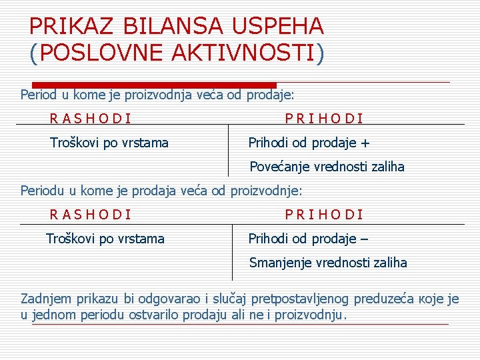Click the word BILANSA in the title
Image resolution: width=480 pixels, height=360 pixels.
pyautogui.click(x=170, y=26)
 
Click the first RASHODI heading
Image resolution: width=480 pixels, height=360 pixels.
pyautogui.click(x=91, y=119)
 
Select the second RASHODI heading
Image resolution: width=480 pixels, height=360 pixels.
pyautogui.click(x=91, y=215)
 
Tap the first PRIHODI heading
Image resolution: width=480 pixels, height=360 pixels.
pyautogui.click(x=324, y=119)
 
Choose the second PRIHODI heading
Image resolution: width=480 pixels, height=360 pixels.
pyautogui.click(x=324, y=215)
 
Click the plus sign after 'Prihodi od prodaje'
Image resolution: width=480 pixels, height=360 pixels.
pyautogui.click(x=365, y=143)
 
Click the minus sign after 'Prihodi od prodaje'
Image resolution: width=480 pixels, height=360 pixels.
pyautogui.click(x=364, y=239)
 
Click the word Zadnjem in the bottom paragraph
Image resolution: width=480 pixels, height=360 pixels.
pyautogui.click(x=47, y=299)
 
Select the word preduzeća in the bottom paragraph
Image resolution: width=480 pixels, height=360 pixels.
pyautogui.click(x=384, y=299)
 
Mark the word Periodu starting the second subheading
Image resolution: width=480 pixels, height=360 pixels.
pyautogui.click(x=43, y=191)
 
